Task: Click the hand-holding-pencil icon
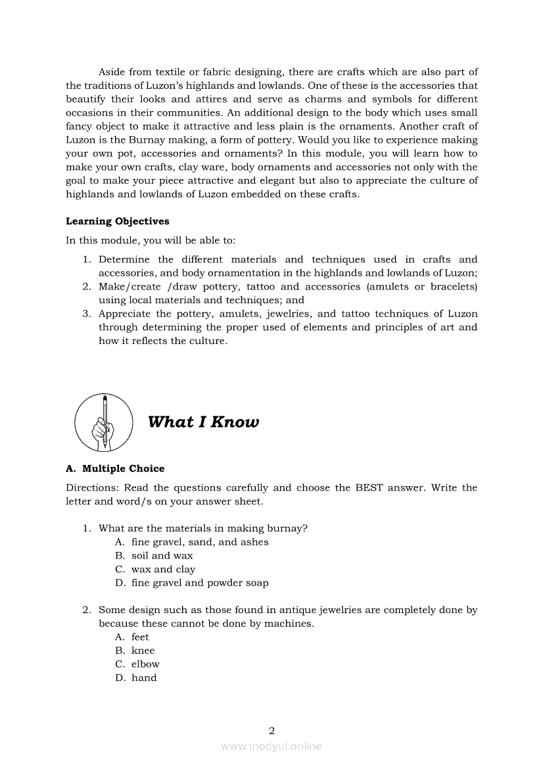tap(104, 422)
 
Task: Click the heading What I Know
tap(203, 422)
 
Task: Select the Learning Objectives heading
tap(117, 221)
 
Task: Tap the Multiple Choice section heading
tap(115, 468)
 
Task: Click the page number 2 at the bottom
tap(271, 730)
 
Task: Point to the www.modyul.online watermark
tap(271, 746)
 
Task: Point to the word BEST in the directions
tap(373, 487)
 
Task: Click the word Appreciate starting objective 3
tap(125, 314)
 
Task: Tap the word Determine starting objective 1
tap(124, 259)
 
